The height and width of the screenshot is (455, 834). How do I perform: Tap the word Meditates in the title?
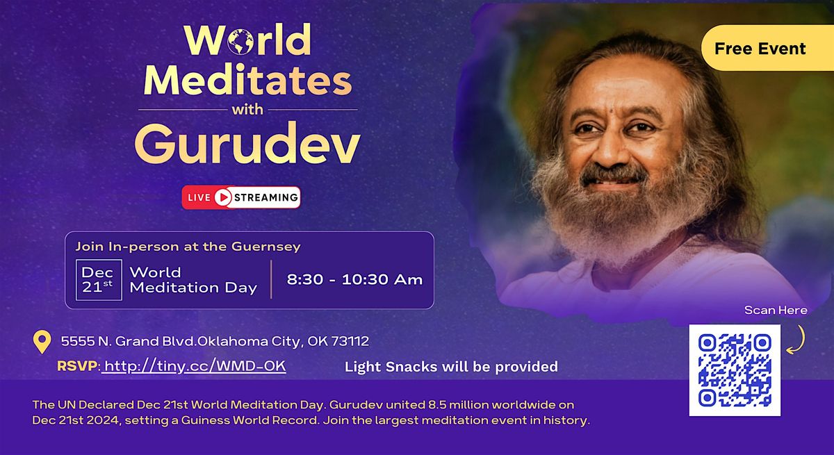click(247, 81)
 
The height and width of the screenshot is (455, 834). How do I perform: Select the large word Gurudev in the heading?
click(247, 144)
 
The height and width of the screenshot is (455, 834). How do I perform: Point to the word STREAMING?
click(265, 198)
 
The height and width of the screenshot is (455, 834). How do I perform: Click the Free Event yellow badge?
click(760, 49)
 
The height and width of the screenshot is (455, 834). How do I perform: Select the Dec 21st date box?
click(98, 280)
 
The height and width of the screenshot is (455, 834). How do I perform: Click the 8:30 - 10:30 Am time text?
click(354, 280)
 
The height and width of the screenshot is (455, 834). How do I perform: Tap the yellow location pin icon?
click(42, 342)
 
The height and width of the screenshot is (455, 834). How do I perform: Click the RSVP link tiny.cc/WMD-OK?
click(195, 366)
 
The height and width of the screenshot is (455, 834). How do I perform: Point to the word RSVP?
click(78, 366)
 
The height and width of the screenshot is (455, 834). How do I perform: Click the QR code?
click(735, 370)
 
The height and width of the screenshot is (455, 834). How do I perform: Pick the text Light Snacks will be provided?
click(451, 366)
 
